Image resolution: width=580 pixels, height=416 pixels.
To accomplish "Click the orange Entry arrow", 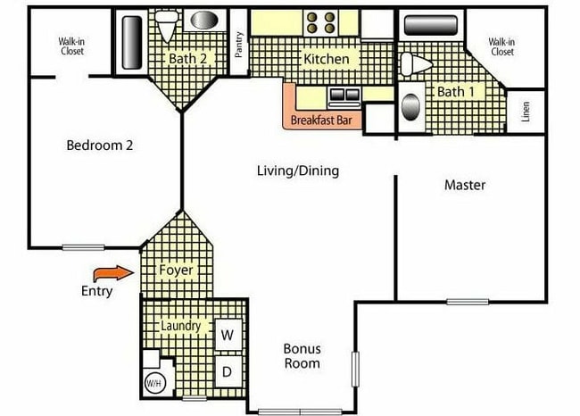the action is [x=113, y=274].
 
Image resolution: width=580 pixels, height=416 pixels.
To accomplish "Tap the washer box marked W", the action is [x=228, y=335].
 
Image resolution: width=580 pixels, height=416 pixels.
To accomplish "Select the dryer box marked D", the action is [x=228, y=371].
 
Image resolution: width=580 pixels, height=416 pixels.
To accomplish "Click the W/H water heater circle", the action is [x=153, y=383].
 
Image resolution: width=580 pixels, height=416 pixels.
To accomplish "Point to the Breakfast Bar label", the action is [x=321, y=120].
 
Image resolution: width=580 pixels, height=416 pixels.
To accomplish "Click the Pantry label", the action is [x=239, y=45].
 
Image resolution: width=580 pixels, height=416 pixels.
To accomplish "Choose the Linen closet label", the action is [x=526, y=112].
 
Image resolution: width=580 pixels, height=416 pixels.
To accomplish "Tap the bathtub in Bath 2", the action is [x=132, y=42].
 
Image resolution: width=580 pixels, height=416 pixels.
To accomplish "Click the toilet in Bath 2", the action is [x=167, y=25].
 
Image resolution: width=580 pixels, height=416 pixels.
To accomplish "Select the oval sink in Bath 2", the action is [x=204, y=20].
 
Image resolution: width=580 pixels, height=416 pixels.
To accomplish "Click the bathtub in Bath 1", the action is [x=431, y=25].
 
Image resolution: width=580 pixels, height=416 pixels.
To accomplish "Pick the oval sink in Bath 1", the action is [x=410, y=107].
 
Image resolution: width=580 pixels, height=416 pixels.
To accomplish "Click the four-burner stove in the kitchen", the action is [x=320, y=22].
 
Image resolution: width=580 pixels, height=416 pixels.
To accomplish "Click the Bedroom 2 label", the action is [x=100, y=146].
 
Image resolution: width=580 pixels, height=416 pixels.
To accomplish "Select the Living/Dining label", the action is [x=298, y=171].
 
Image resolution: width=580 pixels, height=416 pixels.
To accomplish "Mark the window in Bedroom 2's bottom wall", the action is [x=83, y=247].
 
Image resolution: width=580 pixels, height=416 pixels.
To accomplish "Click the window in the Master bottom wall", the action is [x=468, y=302].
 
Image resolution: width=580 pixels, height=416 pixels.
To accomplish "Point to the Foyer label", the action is [x=176, y=270].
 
